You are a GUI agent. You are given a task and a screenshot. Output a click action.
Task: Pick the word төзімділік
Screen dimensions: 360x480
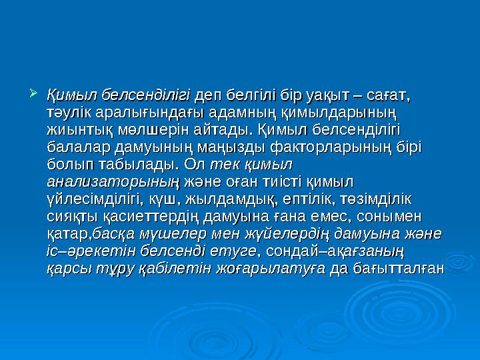pos(376,198)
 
